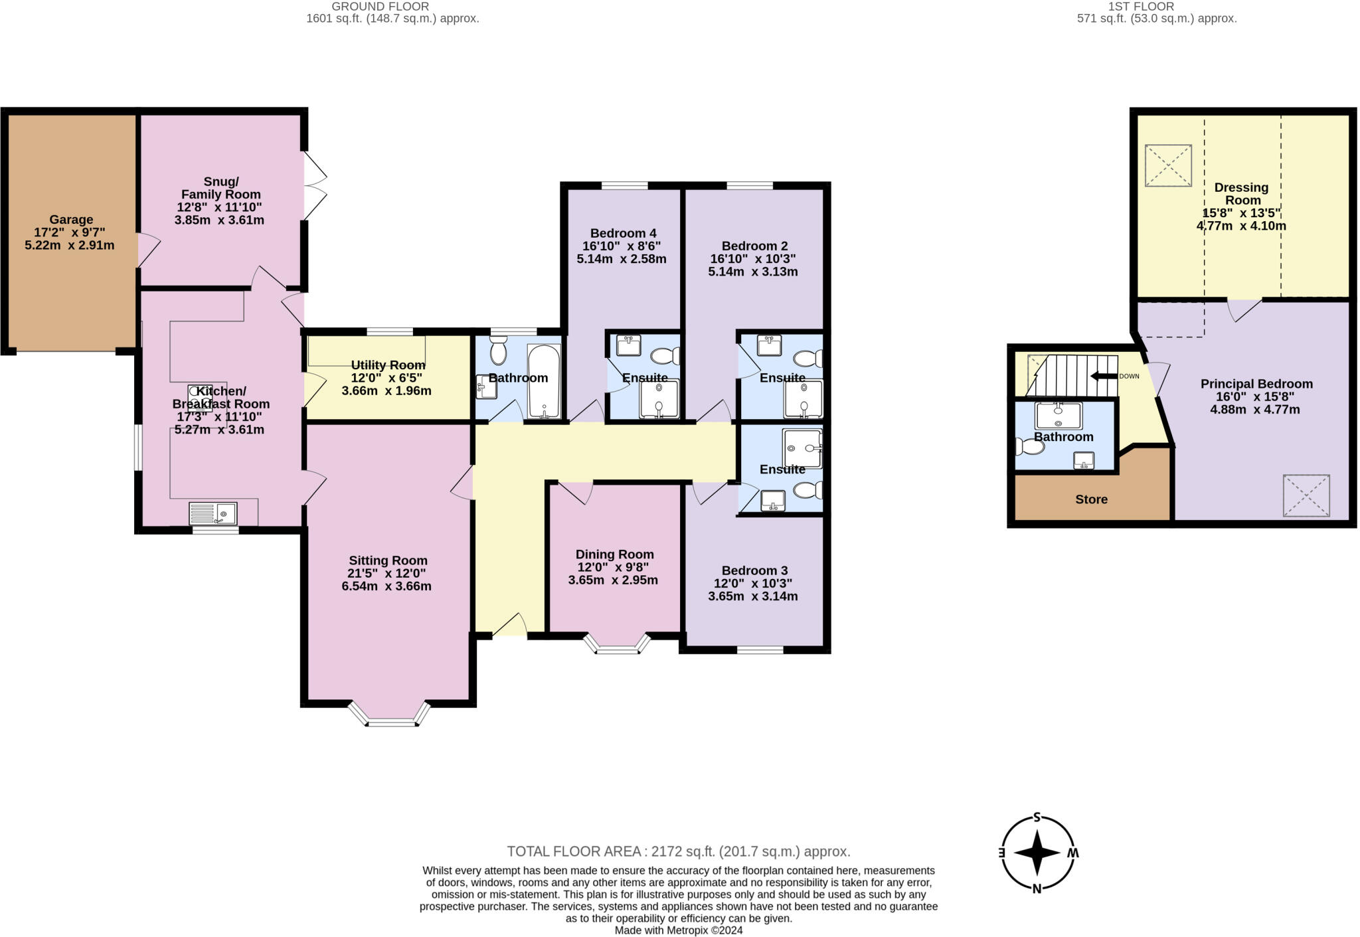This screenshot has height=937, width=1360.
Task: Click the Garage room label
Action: point(71,220)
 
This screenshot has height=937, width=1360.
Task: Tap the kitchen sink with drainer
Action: point(212,513)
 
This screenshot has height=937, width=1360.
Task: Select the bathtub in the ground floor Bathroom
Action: point(544,381)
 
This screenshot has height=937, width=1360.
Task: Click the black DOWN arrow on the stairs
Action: point(1104,376)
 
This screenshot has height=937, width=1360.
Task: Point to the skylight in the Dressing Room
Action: point(1168,165)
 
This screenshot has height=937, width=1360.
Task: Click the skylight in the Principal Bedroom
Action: point(1306,495)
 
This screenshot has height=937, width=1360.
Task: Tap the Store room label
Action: point(1091,499)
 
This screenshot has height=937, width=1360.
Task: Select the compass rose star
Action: point(1037,853)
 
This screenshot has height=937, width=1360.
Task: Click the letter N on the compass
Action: point(1037,889)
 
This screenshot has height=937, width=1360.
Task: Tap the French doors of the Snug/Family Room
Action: point(315,186)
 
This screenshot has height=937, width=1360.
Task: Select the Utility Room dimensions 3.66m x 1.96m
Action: point(386,391)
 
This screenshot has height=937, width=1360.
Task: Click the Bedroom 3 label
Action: point(754,570)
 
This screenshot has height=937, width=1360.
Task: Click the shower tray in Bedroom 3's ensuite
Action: point(802,448)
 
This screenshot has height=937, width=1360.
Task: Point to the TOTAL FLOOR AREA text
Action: point(678,851)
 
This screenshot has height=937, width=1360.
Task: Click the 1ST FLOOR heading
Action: point(1141,7)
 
